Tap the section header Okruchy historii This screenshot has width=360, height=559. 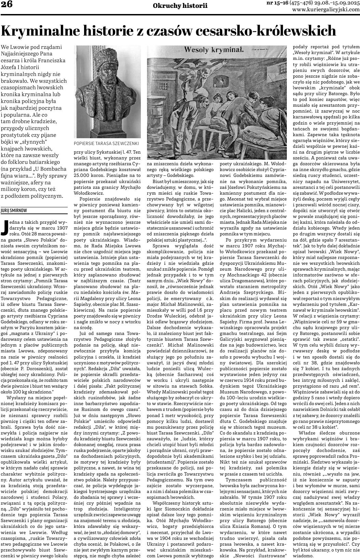(x=180, y=5)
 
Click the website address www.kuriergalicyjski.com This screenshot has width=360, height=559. (x=326, y=10)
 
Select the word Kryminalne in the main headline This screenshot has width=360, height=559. (x=42, y=31)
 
